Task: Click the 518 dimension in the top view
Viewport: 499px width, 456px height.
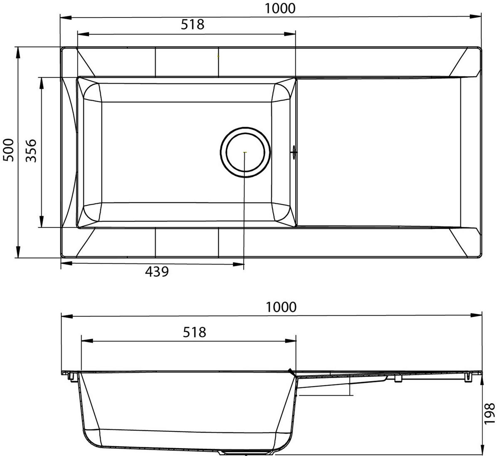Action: (193, 25)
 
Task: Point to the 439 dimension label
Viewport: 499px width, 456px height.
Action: (157, 272)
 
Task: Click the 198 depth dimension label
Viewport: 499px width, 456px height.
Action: (491, 412)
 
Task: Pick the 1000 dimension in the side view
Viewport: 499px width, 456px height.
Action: (282, 307)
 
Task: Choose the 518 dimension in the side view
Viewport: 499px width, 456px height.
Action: (194, 332)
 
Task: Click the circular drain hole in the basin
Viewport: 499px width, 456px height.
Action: (245, 152)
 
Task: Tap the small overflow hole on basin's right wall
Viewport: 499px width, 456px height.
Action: (294, 152)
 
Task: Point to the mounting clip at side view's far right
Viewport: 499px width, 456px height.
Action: (469, 377)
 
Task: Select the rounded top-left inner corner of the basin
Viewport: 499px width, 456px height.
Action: (91, 92)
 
